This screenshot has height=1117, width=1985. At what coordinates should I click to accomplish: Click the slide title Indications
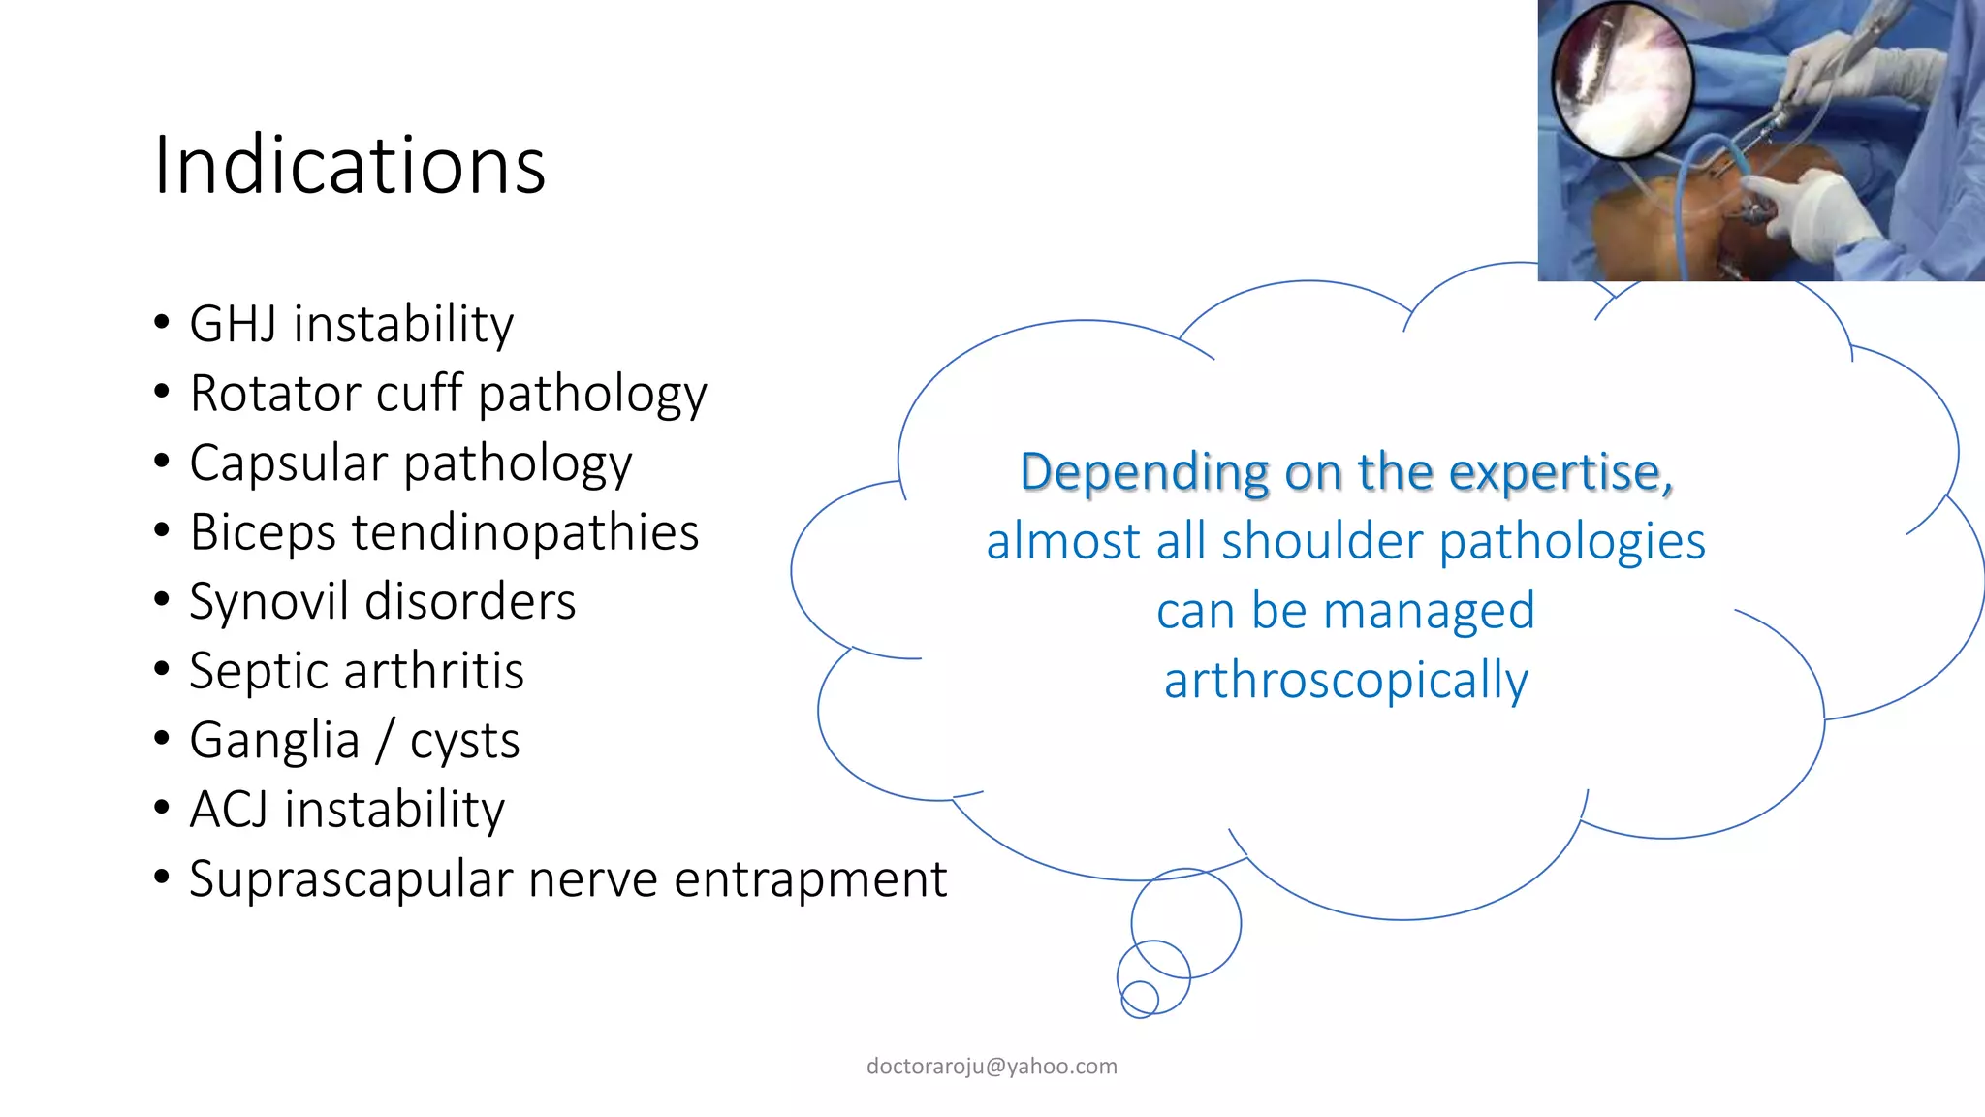(x=349, y=166)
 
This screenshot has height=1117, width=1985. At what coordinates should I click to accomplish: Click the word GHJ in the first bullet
(x=233, y=324)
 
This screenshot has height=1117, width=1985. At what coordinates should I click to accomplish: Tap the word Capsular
(x=287, y=463)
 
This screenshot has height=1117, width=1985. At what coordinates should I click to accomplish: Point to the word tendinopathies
(x=524, y=532)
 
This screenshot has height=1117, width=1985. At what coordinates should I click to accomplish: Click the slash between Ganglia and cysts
(x=385, y=741)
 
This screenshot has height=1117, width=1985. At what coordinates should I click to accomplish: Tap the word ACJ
(x=229, y=810)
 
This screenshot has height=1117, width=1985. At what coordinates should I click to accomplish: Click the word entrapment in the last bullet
(x=809, y=879)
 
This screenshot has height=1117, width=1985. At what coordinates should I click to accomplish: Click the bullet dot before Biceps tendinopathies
(x=162, y=531)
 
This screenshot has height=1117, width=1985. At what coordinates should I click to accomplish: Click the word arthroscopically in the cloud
(x=1345, y=681)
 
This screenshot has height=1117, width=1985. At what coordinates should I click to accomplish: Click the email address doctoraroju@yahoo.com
(x=992, y=1067)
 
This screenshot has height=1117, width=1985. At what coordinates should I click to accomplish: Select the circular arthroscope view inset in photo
(x=1622, y=80)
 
